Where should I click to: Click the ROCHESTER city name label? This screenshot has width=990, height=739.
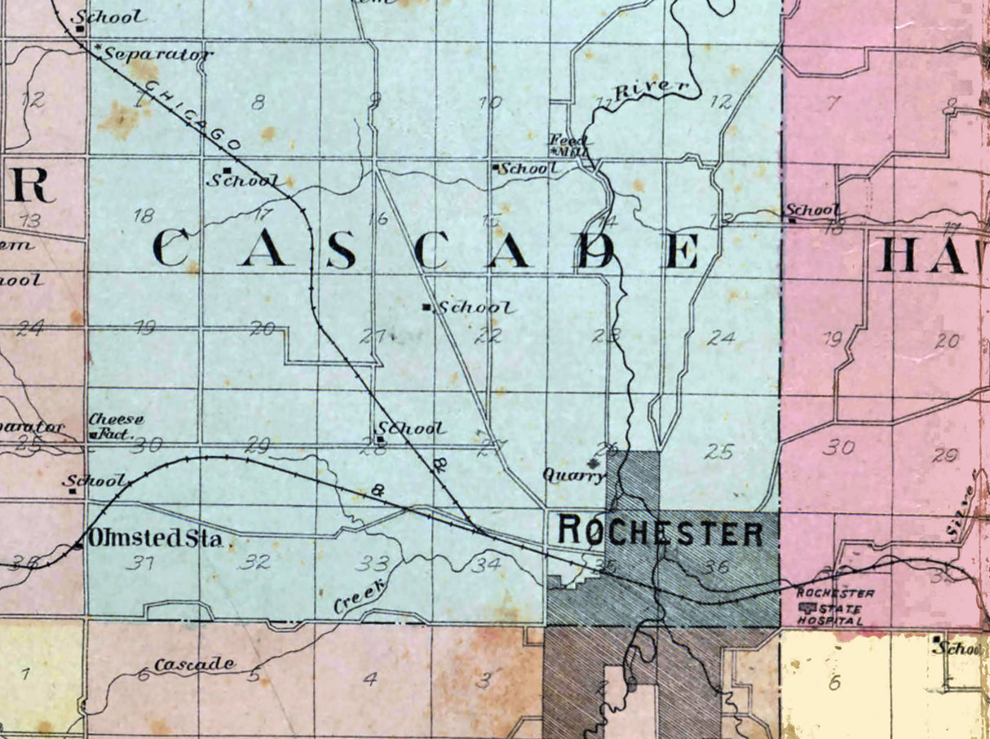[661, 533]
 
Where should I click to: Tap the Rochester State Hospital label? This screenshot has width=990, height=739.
[835, 607]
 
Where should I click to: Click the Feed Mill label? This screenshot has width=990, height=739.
[569, 144]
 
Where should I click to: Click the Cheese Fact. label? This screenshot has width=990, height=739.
[116, 427]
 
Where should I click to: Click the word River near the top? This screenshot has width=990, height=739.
[651, 89]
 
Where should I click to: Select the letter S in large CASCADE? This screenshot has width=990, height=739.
[340, 250]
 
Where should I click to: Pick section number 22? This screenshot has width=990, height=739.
[488, 335]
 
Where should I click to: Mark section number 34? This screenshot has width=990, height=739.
[487, 563]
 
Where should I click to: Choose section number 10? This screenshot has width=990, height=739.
[489, 103]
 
